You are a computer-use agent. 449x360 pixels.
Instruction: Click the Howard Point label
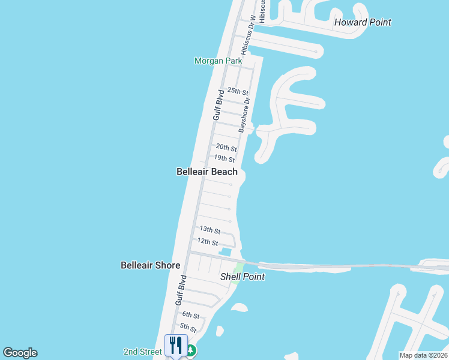point(363,22)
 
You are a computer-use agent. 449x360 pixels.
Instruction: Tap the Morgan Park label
point(218,61)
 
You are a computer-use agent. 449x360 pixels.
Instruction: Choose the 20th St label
point(226,147)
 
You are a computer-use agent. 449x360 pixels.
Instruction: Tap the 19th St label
point(224,158)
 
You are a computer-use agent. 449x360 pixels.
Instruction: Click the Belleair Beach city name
point(207,172)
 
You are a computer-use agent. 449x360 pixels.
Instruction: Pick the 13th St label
point(210,230)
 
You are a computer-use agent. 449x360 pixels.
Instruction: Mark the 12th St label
point(208,242)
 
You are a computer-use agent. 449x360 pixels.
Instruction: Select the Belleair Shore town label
point(150,265)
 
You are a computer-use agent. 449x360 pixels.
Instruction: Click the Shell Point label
point(243,277)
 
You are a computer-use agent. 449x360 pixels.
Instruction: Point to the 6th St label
point(191,315)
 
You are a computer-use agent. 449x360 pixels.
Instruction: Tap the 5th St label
point(188,328)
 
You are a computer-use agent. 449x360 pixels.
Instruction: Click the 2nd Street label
point(142,352)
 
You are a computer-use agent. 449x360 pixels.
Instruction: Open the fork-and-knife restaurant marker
point(176,345)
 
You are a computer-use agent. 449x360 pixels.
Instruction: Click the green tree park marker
point(191,350)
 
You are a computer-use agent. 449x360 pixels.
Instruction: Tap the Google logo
point(20,353)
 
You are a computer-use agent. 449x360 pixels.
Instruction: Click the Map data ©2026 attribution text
point(423,355)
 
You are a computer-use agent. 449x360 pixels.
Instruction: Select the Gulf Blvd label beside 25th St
point(218,104)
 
